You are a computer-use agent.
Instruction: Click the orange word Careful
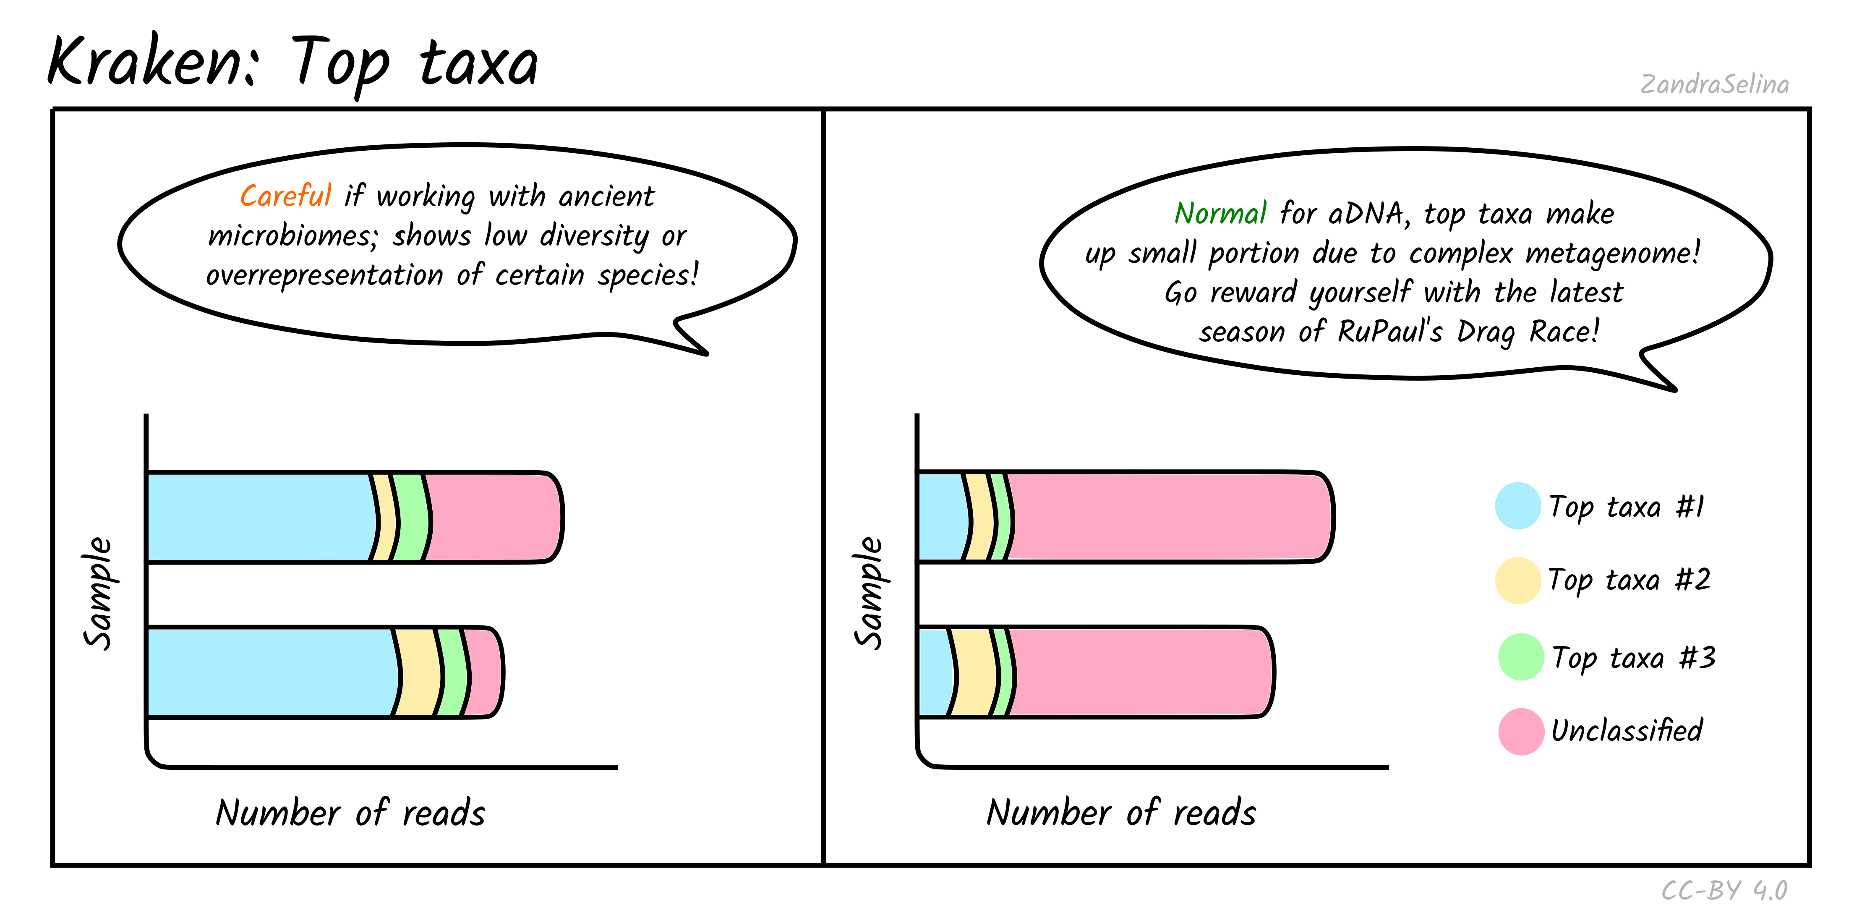coord(285,196)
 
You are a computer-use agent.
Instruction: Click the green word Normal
coord(1220,214)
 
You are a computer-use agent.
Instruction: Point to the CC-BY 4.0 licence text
coord(1724,891)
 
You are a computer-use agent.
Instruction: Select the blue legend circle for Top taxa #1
coord(1517,506)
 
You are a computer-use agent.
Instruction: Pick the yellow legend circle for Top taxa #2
coord(1518,581)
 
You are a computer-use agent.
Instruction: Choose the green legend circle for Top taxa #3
coord(1521,657)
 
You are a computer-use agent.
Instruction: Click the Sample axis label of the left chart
coord(98,593)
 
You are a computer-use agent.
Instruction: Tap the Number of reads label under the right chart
coord(1121,813)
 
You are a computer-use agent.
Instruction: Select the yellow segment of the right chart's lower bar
coord(973,672)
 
